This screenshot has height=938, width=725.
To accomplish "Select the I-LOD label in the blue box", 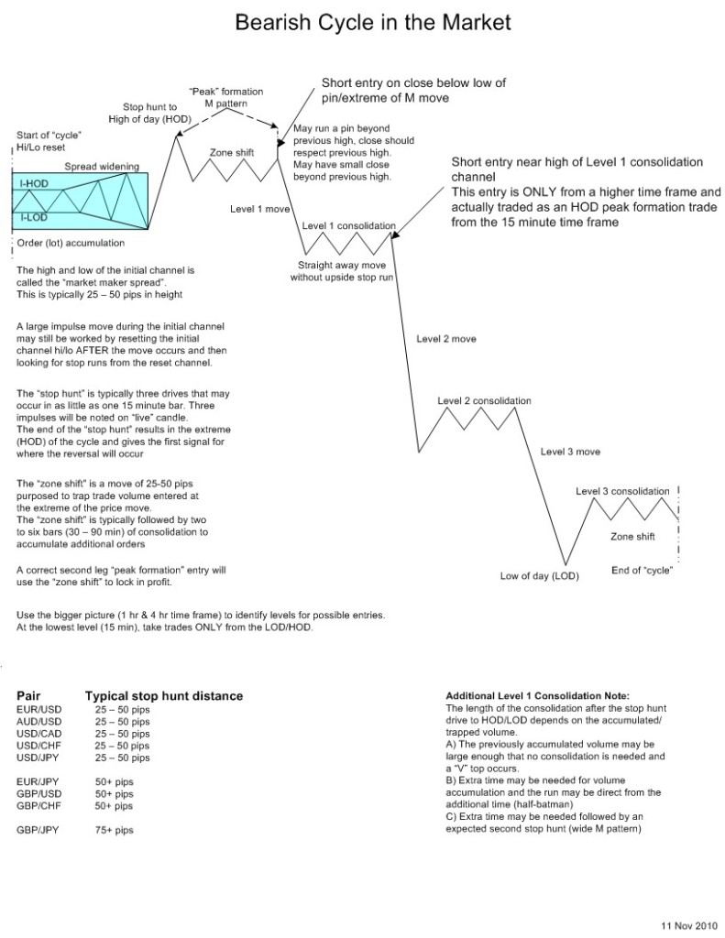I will pos(34,218).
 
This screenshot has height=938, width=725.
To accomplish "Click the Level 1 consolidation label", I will pos(348,225).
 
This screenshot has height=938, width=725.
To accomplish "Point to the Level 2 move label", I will pos(446,338).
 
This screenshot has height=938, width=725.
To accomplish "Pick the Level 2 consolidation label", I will pos(484,401).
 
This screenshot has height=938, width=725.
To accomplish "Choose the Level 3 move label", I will pos(570,452).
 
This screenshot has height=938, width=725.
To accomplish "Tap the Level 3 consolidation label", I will pos(622,492).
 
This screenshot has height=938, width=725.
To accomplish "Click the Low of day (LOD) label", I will pos(535,576).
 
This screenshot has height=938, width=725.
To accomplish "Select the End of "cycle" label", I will pos(643,572).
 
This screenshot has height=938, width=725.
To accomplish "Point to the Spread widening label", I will pos(102,167).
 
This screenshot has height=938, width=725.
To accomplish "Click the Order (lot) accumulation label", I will pos(71,243).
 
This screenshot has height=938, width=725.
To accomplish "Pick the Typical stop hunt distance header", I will pos(163,696).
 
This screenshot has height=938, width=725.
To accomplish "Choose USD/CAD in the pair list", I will pos(38,734).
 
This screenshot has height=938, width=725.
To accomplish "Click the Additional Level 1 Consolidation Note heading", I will pos(537,697).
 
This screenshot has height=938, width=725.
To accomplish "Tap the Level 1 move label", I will pos(260,210).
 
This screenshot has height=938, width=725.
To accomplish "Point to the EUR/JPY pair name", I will pos(37,781).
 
